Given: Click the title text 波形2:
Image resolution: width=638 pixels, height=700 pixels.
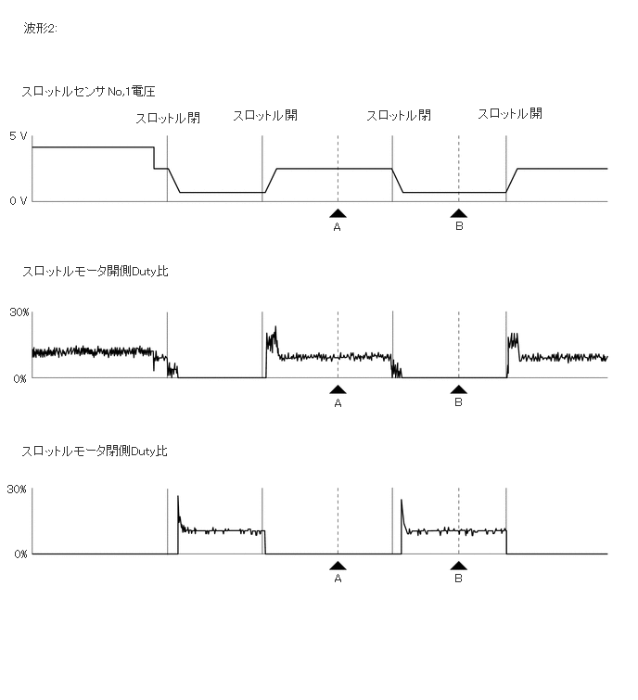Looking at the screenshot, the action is [x=41, y=29].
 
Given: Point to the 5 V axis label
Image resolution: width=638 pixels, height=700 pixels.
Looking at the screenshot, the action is [x=19, y=135].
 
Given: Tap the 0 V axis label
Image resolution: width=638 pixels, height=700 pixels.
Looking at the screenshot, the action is [x=19, y=201].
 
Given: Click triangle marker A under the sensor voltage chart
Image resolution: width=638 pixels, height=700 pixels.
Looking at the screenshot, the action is [x=338, y=213].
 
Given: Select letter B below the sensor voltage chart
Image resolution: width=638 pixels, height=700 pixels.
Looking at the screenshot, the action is [x=458, y=227].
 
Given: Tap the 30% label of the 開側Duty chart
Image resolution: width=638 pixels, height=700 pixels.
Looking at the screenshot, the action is [x=19, y=312].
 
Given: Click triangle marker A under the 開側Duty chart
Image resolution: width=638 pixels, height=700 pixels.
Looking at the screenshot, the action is [x=338, y=390].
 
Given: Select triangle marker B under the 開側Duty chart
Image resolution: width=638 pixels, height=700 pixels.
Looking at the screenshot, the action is [x=458, y=390].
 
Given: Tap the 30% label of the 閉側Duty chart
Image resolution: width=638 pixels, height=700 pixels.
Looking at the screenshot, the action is [x=19, y=489].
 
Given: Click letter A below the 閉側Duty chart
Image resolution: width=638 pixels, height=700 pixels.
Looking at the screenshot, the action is [x=338, y=579].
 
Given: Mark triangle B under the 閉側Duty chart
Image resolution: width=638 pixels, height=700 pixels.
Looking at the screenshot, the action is [x=458, y=566].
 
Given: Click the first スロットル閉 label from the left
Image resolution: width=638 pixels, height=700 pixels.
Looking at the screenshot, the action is [x=168, y=119].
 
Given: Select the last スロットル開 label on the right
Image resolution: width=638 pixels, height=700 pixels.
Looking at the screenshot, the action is [x=510, y=114].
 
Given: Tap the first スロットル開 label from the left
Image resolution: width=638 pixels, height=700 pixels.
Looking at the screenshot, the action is [x=265, y=116].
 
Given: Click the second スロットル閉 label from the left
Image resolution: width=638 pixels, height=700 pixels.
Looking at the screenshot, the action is [x=399, y=116].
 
